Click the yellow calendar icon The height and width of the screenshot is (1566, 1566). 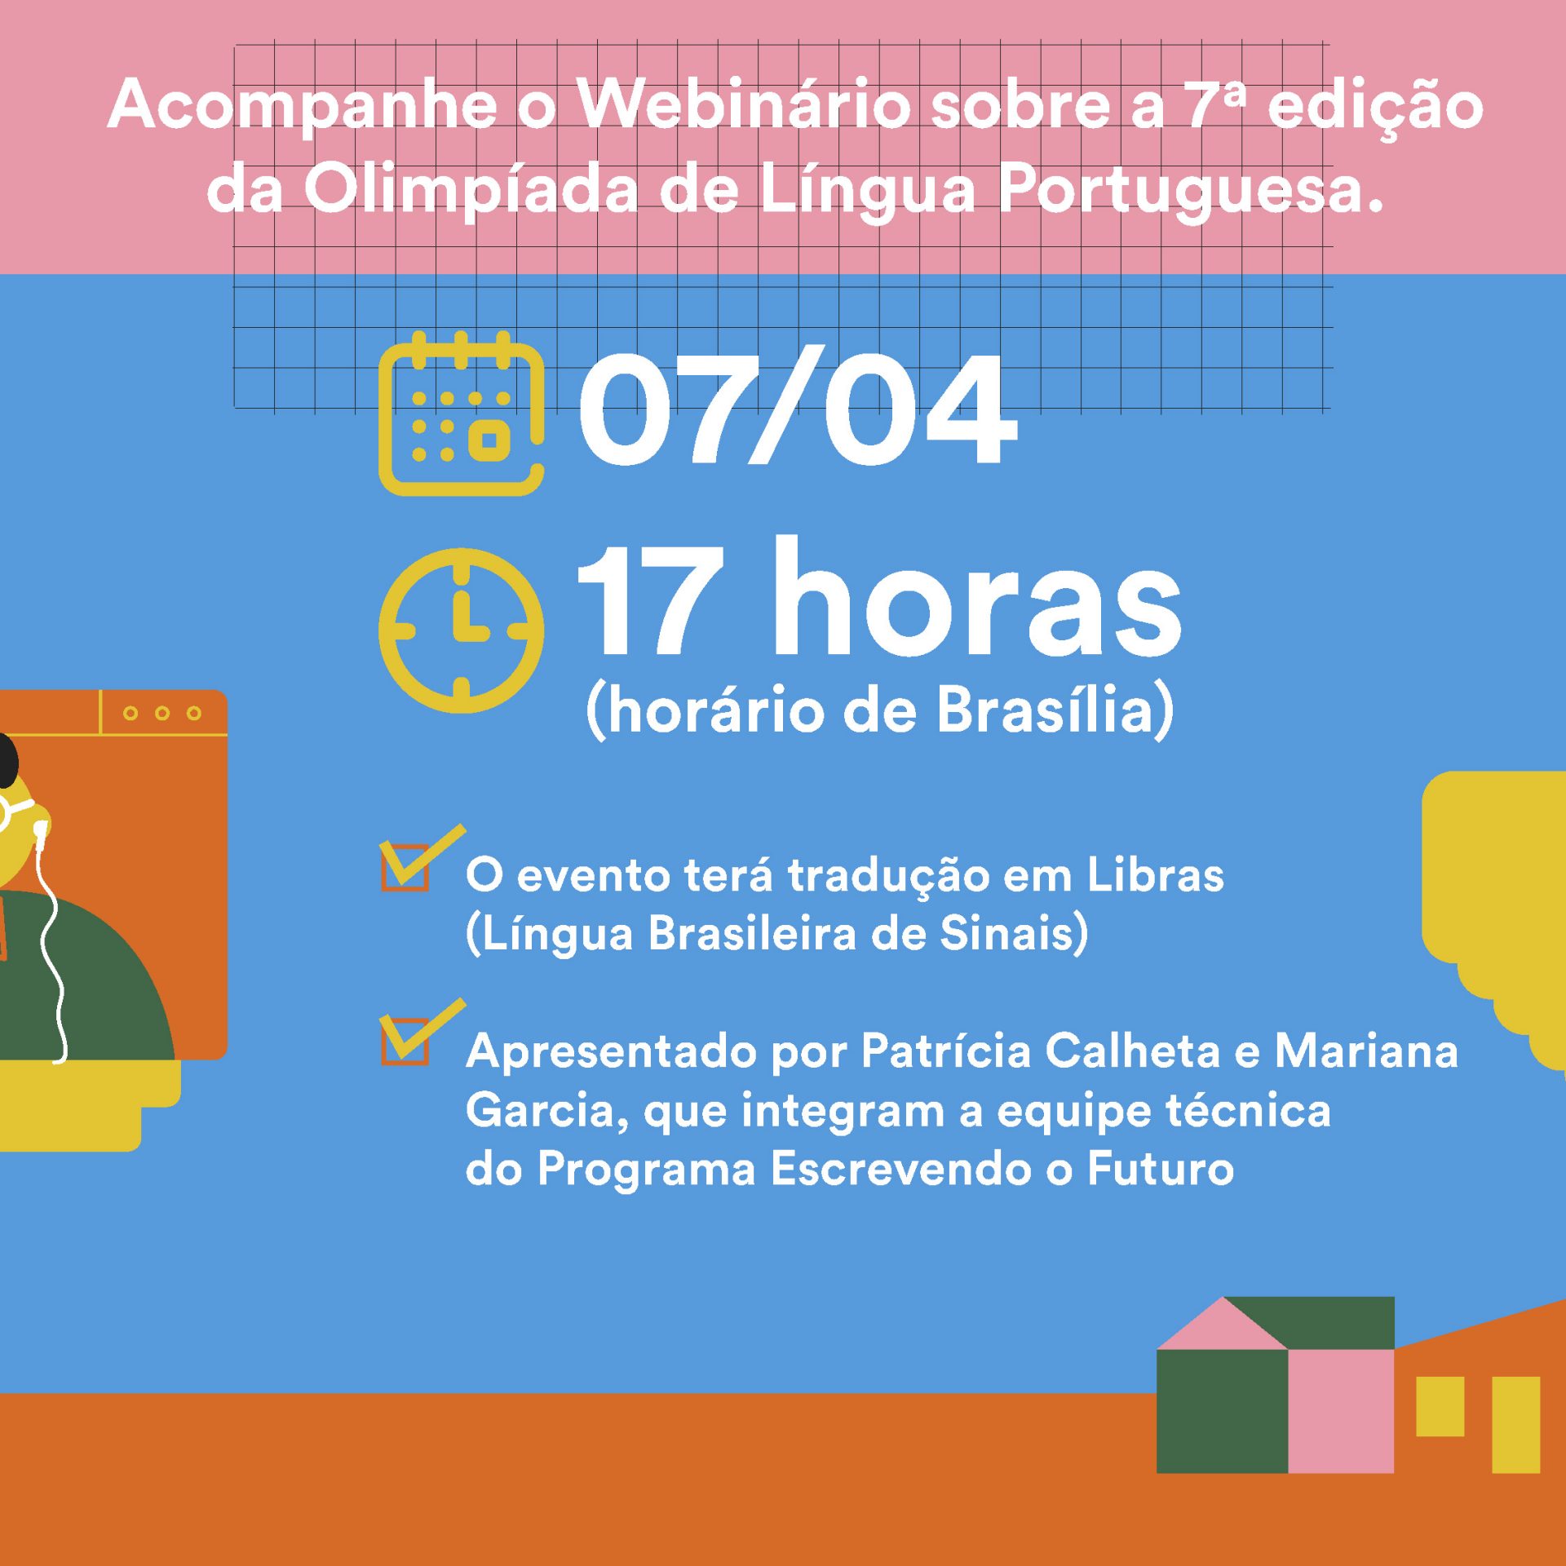(461, 414)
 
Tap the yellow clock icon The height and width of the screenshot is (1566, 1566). (461, 630)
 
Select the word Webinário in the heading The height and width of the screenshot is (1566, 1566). (743, 105)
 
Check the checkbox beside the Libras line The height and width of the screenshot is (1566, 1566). (405, 866)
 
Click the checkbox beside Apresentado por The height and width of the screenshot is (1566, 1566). (405, 1040)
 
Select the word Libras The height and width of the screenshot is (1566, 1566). (1155, 875)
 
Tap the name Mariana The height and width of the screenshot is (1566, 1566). (1366, 1051)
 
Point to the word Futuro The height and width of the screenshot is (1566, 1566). (1161, 1169)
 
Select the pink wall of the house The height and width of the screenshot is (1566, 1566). (1341, 1410)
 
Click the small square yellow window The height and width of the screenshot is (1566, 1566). (1440, 1406)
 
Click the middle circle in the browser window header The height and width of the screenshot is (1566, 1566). (162, 713)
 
